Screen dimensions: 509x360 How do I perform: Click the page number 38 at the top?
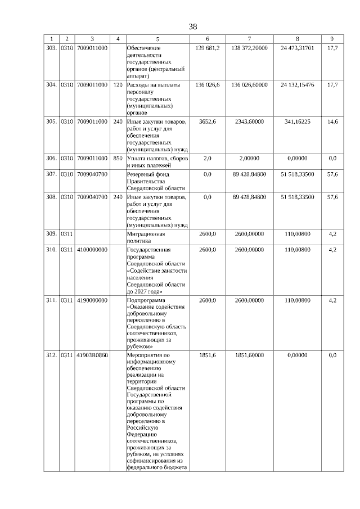pyautogui.click(x=193, y=26)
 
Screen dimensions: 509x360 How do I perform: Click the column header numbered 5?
pyautogui.click(x=157, y=39)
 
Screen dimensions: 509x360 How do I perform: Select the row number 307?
pyautogui.click(x=51, y=174)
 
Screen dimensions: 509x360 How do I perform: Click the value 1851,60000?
pyautogui.click(x=249, y=355)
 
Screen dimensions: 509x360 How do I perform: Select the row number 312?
pyautogui.click(x=51, y=355)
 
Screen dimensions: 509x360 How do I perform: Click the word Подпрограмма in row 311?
pyautogui.click(x=143, y=301)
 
